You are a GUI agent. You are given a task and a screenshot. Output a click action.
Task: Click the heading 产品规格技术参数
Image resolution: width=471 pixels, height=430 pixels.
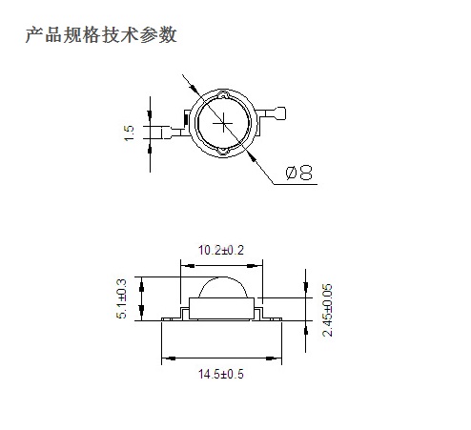(x=101, y=34)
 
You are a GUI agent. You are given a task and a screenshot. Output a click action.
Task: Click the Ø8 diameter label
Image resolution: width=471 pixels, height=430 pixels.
(x=298, y=173)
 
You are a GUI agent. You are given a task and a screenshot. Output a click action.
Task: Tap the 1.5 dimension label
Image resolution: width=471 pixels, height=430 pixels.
(x=129, y=133)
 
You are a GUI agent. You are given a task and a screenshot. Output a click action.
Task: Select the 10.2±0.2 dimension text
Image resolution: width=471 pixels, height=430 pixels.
(x=221, y=250)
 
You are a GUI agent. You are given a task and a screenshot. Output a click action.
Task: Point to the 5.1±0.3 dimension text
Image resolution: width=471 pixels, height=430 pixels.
(x=121, y=298)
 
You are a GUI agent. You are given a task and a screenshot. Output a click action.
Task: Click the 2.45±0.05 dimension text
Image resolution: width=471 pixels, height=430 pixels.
(x=327, y=310)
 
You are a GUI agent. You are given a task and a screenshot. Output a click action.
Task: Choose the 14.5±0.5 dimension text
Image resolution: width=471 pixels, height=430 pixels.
(x=221, y=374)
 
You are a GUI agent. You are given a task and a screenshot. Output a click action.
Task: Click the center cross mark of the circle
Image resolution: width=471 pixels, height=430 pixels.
(x=223, y=123)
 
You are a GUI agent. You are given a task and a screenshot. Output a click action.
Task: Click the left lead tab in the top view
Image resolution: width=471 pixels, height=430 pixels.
(x=172, y=133)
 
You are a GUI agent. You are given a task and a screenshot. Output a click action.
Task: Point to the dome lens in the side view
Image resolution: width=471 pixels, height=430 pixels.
(x=223, y=288)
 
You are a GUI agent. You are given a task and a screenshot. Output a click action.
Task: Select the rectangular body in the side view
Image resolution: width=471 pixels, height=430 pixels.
(x=221, y=308)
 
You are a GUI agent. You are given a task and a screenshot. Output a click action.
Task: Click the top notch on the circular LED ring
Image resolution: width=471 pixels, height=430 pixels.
(x=223, y=94)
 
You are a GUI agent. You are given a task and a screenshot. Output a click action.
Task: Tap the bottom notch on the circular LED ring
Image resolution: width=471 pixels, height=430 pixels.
(x=223, y=152)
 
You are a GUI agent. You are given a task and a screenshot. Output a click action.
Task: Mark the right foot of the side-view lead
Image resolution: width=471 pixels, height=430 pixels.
(x=272, y=318)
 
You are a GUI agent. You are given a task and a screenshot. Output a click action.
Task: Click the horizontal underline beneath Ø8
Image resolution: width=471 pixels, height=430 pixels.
(x=296, y=184)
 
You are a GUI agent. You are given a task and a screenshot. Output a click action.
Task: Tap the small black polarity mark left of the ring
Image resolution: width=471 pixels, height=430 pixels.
(x=186, y=118)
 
